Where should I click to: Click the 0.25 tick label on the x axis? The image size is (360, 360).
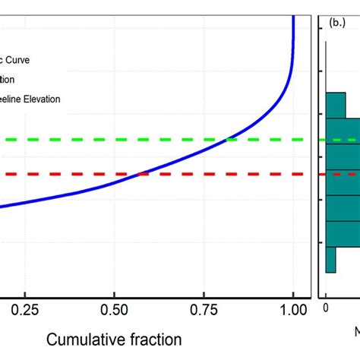pos(24,310)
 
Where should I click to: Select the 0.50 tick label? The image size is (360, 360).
pos(114,310)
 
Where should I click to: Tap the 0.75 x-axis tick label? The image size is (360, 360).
pos(203,310)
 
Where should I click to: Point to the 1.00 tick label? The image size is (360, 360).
pos(292,310)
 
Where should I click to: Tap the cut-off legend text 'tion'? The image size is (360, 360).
pos(7,79)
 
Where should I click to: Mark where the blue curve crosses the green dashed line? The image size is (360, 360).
pos(226,140)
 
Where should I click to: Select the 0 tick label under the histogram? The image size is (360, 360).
pos(326,308)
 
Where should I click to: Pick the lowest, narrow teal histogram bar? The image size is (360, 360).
pos(330,259)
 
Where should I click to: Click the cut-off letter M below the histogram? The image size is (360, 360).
pos(357,332)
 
